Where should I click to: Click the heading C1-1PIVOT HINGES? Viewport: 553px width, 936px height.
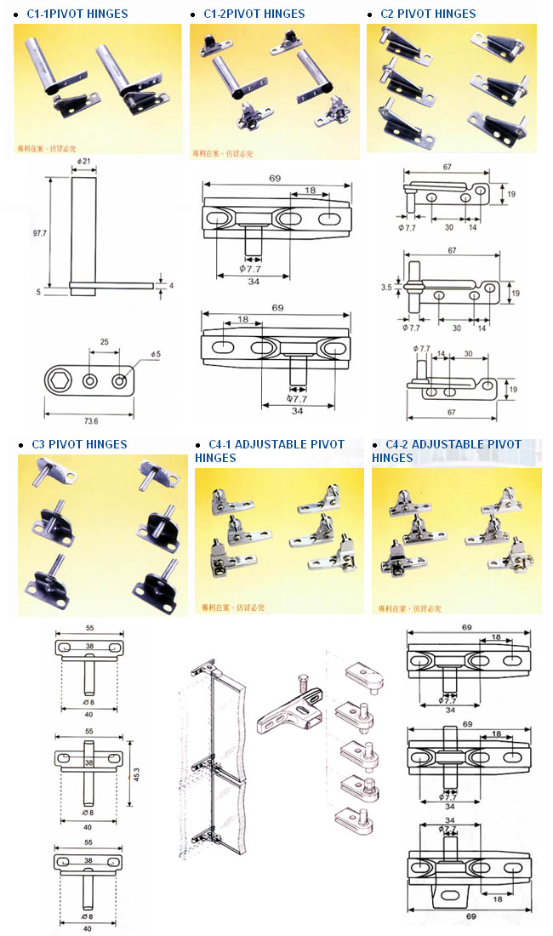77,14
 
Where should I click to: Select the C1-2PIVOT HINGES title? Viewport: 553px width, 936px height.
254,14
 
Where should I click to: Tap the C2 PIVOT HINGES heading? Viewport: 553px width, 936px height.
428,14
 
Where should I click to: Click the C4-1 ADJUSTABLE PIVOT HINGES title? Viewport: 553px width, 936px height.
270,451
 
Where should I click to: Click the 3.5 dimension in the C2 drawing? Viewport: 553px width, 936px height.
388,288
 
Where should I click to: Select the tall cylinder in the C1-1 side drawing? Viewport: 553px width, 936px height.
82,231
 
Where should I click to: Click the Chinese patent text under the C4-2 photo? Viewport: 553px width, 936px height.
413,608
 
